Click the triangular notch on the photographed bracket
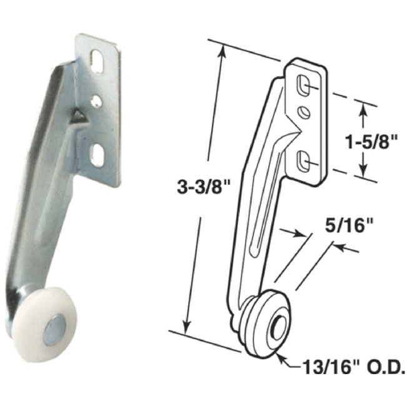(x=77, y=114)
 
